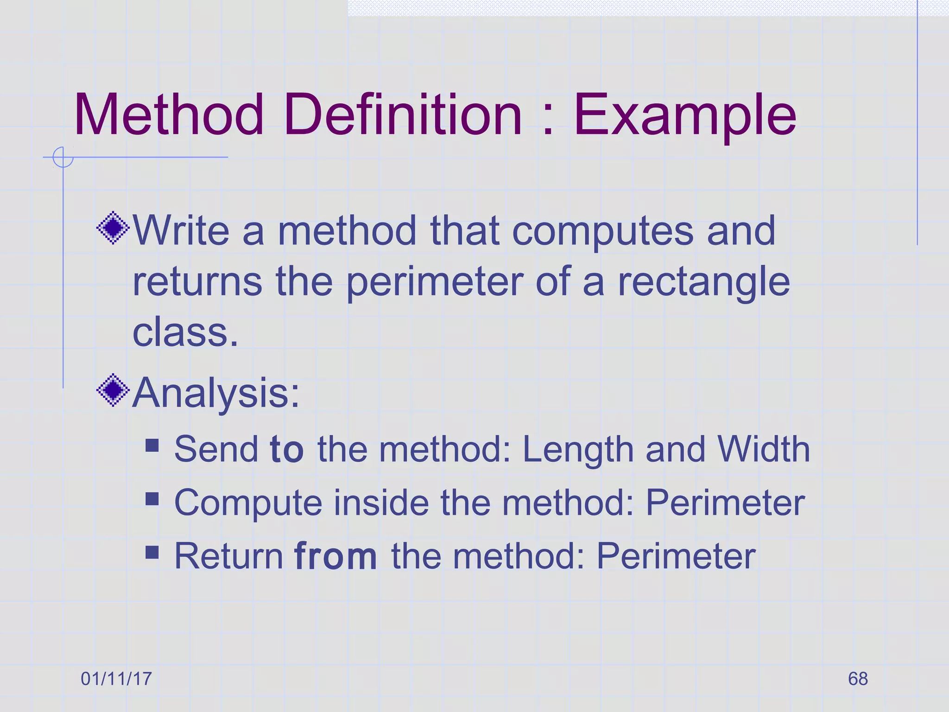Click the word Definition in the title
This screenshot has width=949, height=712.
tap(403, 114)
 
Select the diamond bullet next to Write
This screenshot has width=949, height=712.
tap(113, 228)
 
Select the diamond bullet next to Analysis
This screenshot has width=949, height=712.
tap(113, 390)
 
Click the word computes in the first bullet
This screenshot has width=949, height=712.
tap(602, 232)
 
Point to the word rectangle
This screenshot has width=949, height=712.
tap(703, 283)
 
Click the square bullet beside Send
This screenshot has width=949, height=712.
tap(152, 445)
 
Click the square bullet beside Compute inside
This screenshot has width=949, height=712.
tap(152, 499)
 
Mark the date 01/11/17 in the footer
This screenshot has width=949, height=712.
tap(116, 679)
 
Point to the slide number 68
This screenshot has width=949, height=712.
tap(858, 679)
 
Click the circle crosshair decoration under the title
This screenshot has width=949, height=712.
tap(63, 157)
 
